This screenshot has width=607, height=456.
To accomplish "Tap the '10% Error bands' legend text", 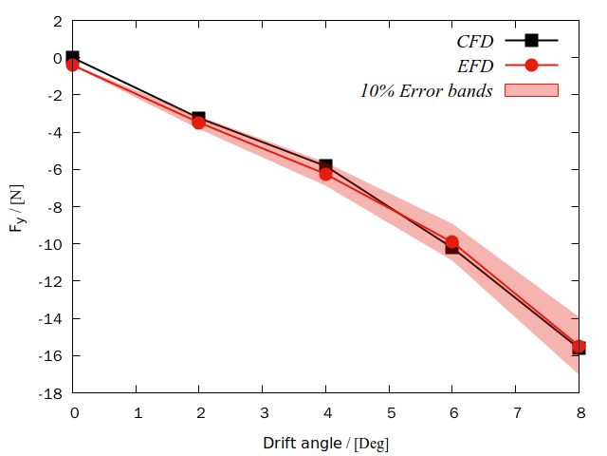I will (426, 91).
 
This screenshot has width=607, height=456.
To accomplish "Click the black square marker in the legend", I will (531, 40).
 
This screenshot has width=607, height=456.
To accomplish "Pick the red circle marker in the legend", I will (531, 66).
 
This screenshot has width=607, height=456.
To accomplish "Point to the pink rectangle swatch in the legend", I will (531, 91).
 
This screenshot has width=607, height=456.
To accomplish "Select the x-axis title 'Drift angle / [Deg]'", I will (325, 443).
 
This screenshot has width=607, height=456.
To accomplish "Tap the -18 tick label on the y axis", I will (50, 393).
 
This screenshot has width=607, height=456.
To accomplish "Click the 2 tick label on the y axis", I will (58, 20).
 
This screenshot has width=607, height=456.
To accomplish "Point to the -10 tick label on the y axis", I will (50, 244).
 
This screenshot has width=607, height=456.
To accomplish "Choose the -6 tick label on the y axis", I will (54, 169).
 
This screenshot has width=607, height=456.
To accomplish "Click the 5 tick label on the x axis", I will (390, 412).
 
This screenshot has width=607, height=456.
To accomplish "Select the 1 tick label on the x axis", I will (137, 412).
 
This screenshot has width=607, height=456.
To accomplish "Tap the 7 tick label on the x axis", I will (517, 412).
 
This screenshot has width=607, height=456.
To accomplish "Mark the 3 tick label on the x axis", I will (263, 412).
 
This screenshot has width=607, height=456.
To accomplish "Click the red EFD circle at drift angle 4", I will (326, 174).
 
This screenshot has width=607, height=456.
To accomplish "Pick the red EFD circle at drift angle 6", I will (452, 242).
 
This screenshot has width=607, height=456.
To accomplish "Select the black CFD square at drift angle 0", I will (73, 58).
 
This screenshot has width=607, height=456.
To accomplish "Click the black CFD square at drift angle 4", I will (326, 165).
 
